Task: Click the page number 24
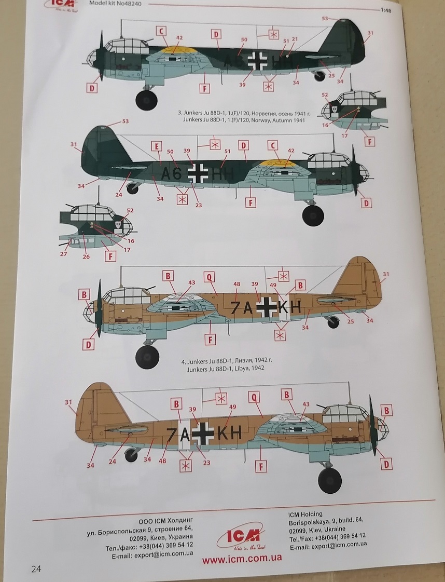(36, 569)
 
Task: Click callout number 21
(294, 39)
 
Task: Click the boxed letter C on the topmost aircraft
(162, 32)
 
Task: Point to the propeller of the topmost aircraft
(100, 55)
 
